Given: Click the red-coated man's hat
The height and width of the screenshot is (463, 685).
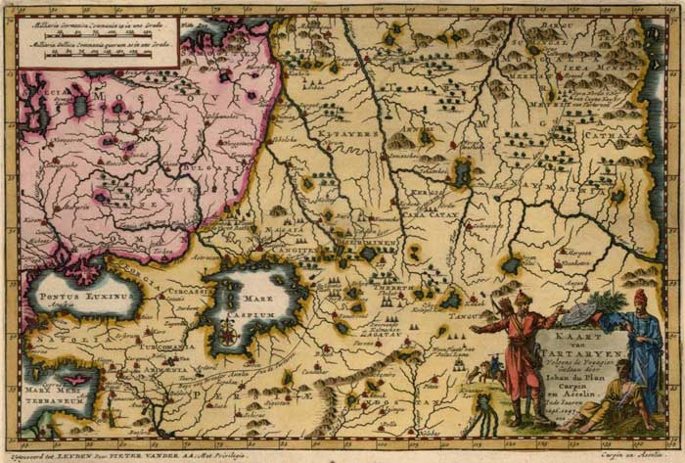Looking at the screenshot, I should tap(523, 298).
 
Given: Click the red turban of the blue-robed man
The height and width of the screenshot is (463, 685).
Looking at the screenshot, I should tap(640, 296).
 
